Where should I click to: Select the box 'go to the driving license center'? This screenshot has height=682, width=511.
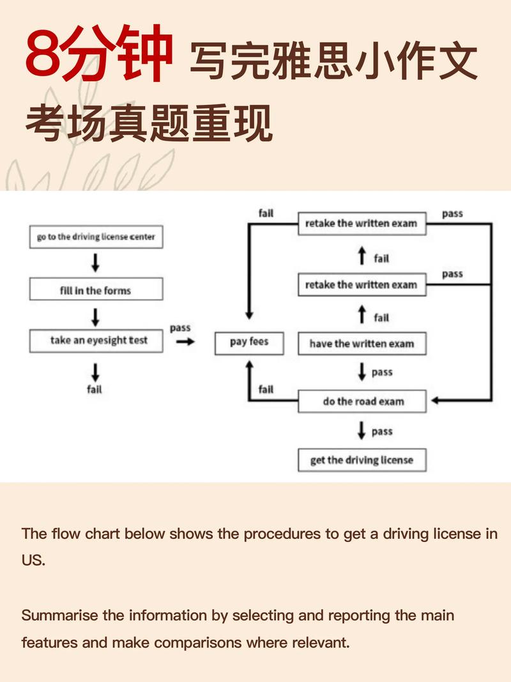(96, 236)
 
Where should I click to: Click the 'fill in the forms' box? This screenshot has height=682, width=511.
(96, 290)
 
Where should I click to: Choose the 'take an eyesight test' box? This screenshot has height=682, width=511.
(96, 341)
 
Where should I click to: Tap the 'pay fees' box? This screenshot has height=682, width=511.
(249, 342)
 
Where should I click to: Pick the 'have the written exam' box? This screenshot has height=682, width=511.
(362, 344)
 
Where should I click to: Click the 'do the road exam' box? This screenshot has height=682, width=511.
(362, 401)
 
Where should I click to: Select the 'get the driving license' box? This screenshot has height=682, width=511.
(362, 460)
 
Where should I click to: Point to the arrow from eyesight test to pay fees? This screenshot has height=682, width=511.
(185, 342)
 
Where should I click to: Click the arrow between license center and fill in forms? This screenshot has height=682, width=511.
(96, 262)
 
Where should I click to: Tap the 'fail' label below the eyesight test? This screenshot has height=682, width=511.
(95, 389)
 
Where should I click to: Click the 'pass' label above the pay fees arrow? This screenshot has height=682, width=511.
(180, 328)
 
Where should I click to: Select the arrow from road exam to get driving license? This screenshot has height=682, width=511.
(362, 431)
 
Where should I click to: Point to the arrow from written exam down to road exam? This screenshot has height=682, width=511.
(362, 372)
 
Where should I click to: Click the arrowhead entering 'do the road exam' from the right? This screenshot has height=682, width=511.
(436, 401)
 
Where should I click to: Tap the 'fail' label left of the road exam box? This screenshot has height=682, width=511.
(266, 389)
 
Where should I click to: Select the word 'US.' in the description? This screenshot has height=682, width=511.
(33, 561)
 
